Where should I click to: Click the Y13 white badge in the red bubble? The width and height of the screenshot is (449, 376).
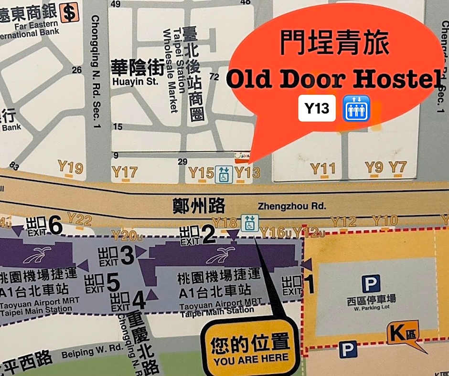pyautogui.click(x=317, y=109)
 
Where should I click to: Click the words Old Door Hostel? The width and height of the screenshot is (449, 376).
pyautogui.click(x=333, y=80)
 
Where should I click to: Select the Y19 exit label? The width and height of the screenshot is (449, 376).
pyautogui.click(x=70, y=168)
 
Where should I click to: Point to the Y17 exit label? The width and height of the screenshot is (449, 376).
pyautogui.click(x=124, y=172)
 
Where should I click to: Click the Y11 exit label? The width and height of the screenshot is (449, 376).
pyautogui.click(x=323, y=168)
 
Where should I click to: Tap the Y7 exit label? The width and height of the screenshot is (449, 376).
pyautogui.click(x=397, y=167)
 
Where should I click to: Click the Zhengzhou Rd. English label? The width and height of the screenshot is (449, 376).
pyautogui.click(x=292, y=206)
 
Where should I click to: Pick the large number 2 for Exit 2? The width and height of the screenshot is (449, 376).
pyautogui.click(x=208, y=235)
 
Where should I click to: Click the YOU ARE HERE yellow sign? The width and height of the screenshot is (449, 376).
pyautogui.click(x=251, y=349)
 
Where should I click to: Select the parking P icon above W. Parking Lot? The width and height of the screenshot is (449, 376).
pyautogui.click(x=371, y=283)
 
